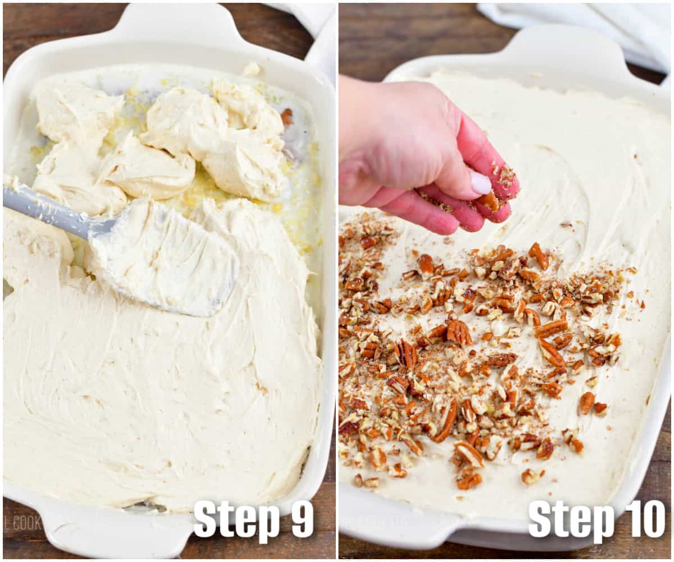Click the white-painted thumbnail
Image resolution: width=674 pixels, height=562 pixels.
pyautogui.click(x=480, y=183)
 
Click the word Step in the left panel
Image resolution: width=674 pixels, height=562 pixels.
pyautogui.click(x=236, y=519)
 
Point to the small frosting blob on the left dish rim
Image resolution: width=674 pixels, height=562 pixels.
pyautogui.click(x=251, y=69)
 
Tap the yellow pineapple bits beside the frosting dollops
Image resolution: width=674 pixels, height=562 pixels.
pyautogui.click(x=298, y=219)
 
